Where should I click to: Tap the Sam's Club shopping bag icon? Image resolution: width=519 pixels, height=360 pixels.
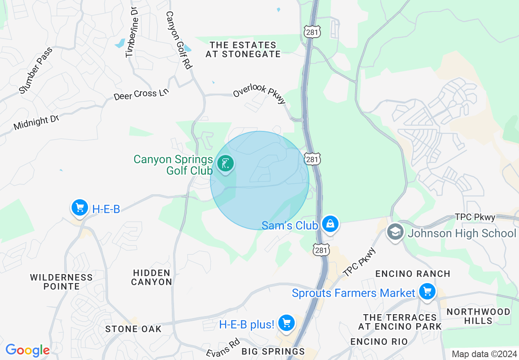[329, 224]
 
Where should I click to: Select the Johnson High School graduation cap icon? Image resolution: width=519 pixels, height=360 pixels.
[395, 232]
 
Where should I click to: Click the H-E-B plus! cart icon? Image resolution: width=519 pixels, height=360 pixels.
[286, 324]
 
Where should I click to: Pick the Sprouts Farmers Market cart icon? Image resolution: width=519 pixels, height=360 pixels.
[427, 292]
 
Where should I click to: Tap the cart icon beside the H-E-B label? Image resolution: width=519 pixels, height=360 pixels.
[79, 208]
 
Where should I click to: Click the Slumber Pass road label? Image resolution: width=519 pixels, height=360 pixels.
[36, 70]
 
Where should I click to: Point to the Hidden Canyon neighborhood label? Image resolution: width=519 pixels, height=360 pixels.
[152, 277]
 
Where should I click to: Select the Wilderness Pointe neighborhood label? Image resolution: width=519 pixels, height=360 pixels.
[61, 282]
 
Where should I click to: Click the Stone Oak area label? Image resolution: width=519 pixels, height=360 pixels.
[133, 329]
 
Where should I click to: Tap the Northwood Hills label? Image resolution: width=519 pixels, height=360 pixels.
[478, 316]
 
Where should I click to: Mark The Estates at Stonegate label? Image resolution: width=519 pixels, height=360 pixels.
[243, 49]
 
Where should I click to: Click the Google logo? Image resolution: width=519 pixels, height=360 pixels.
[27, 350]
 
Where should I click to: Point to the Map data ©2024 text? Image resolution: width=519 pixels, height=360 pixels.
[483, 354]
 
